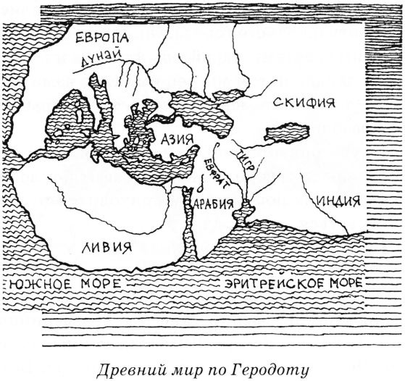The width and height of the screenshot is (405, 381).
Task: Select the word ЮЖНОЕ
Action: tap(38, 281)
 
